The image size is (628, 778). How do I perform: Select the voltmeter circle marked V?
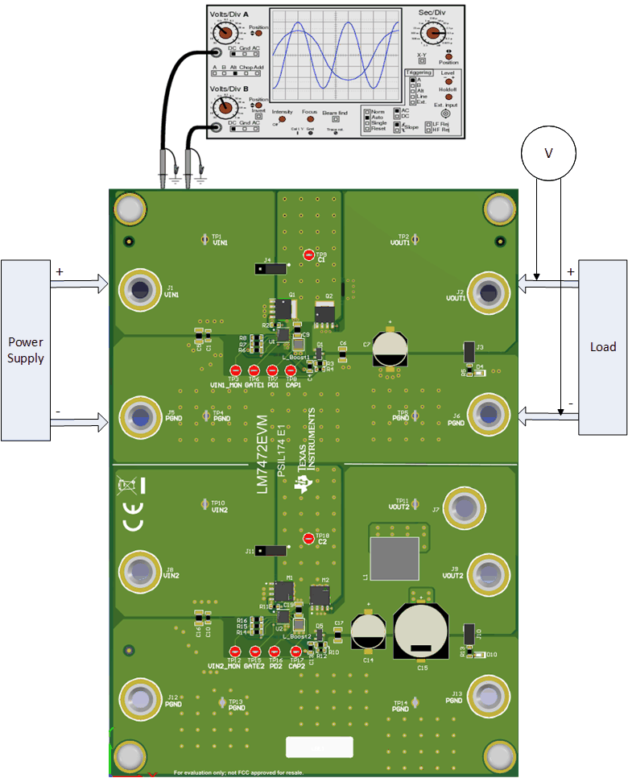548,153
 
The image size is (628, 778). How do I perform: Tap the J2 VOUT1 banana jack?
488,289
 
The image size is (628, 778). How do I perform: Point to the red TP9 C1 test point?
309,255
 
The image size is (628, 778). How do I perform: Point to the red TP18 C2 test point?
309,538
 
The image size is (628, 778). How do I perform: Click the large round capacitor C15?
421,633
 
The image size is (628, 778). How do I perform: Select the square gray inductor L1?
394,560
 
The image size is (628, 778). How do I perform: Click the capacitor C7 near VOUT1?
390,348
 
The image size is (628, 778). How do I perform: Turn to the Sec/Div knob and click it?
433,33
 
